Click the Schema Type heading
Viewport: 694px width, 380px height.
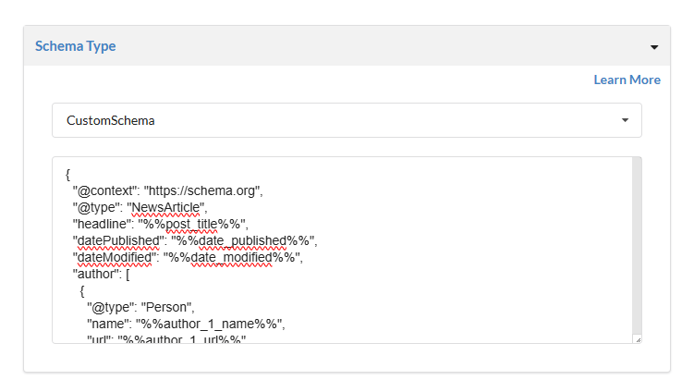(x=75, y=45)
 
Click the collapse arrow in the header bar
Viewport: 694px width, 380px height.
(x=654, y=46)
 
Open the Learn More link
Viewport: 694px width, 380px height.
(x=627, y=80)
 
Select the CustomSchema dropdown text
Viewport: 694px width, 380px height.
(x=111, y=120)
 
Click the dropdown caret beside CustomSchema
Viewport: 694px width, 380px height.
(x=625, y=120)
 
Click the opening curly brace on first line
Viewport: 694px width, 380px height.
(x=68, y=174)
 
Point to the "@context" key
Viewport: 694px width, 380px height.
(x=104, y=191)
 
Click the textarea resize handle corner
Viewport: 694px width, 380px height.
(x=638, y=339)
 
